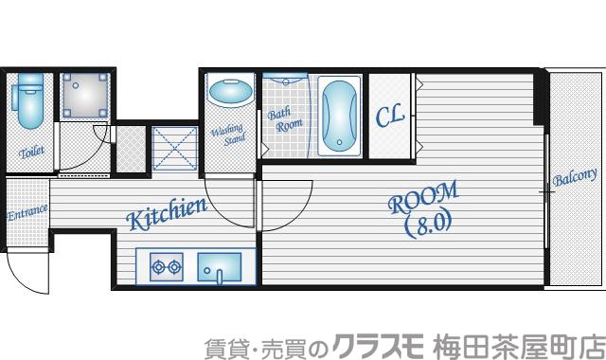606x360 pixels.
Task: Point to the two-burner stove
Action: (x=166, y=267)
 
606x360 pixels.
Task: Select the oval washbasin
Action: (x=229, y=95)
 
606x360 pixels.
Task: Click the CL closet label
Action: (x=390, y=117)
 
